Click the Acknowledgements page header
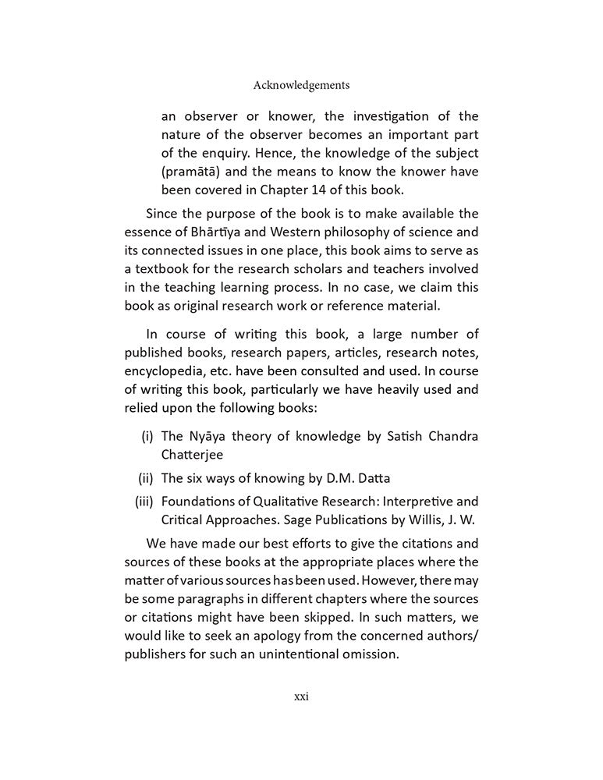pyautogui.click(x=301, y=85)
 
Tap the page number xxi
pyautogui.click(x=301, y=697)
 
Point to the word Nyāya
pyautogui.click(x=208, y=435)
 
